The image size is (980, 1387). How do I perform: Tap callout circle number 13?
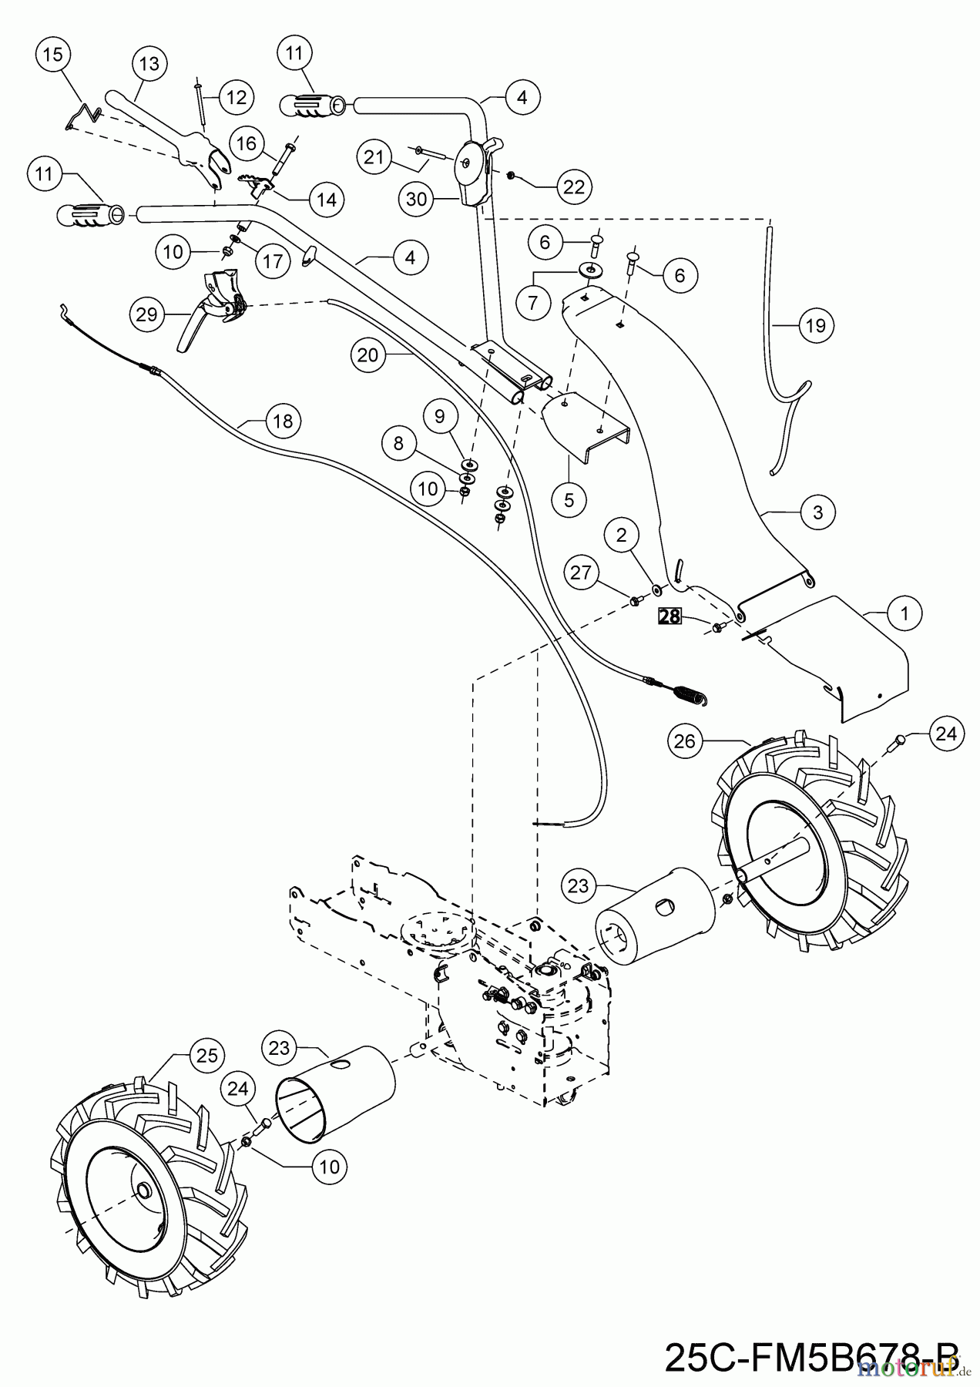pos(149,64)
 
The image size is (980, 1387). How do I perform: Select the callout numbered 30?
pos(416,200)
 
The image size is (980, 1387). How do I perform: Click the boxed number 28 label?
pos(670,616)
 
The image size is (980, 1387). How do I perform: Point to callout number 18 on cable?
pos(283,421)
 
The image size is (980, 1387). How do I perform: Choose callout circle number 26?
pos(685,741)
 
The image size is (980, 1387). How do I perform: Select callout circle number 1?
pos(904,613)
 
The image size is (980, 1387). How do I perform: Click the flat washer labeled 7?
pos(589,270)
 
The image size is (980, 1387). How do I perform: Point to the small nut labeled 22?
pos(510,175)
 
